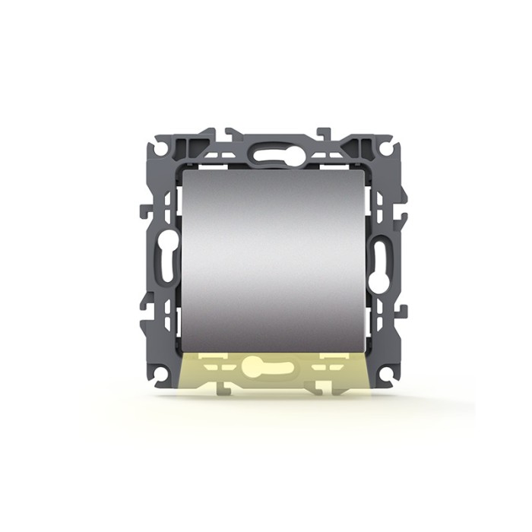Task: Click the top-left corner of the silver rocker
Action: click(x=183, y=171)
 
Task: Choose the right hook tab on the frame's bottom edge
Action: click(x=323, y=389)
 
